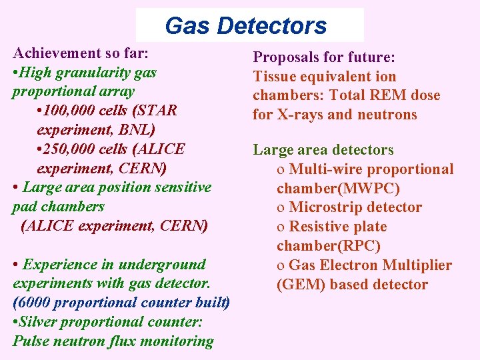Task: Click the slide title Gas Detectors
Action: point(245,25)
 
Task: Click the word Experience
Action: point(57,264)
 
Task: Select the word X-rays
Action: point(300,115)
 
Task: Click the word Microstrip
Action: point(327,207)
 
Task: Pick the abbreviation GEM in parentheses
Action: point(297,285)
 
